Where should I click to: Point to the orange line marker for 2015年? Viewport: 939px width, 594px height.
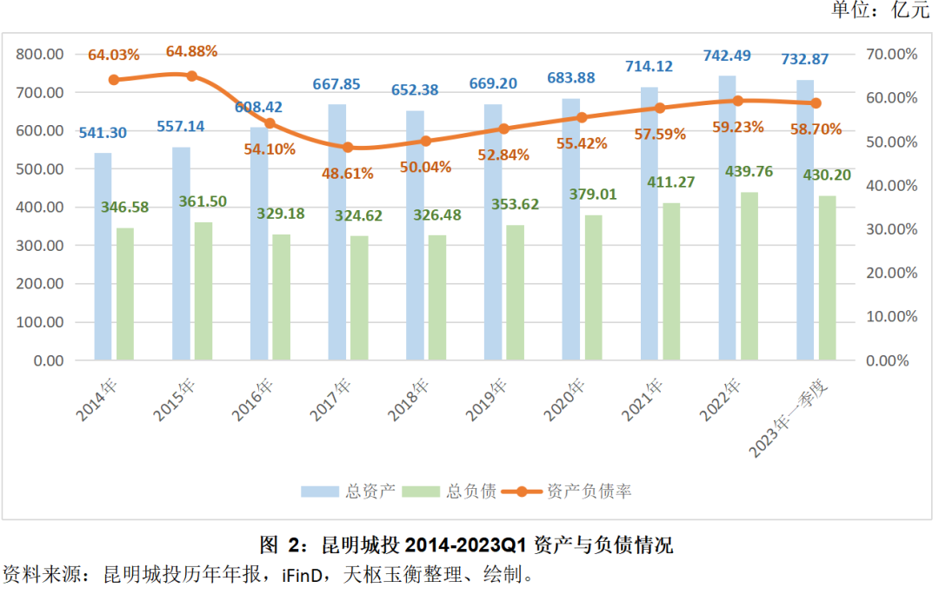(x=191, y=76)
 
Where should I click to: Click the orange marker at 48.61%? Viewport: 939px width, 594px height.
(x=348, y=148)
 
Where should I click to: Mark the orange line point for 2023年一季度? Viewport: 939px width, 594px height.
(x=816, y=103)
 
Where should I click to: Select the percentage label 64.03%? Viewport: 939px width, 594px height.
(x=113, y=55)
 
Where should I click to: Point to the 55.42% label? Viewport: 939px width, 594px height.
(x=581, y=143)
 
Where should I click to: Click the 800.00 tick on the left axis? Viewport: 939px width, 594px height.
(x=41, y=54)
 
